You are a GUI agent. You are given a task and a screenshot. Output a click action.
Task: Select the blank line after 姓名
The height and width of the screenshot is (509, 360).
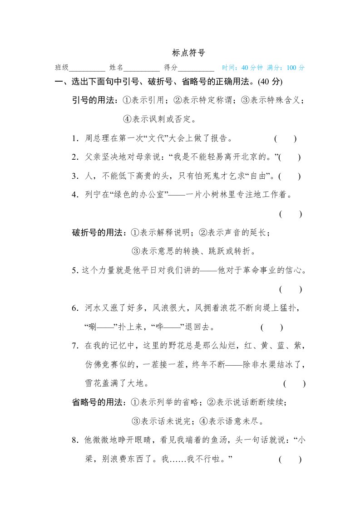click(x=141, y=69)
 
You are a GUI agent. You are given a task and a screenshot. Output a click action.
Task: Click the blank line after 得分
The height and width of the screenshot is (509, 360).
click(x=196, y=69)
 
